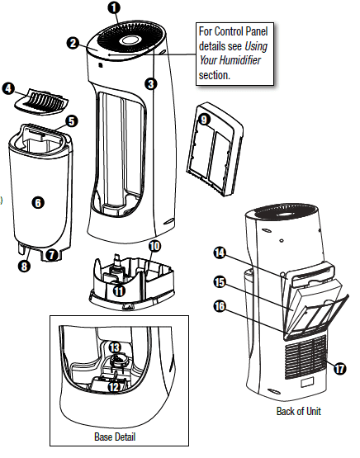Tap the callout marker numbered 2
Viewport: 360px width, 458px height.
pyautogui.click(x=73, y=43)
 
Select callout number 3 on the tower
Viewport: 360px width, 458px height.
pyautogui.click(x=150, y=83)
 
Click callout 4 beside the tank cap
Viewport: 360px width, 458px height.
pyautogui.click(x=10, y=87)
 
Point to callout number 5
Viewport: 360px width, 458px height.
pyautogui.click(x=72, y=121)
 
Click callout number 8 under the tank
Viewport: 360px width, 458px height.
pyautogui.click(x=23, y=266)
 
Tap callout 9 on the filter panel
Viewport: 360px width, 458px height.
pyautogui.click(x=204, y=118)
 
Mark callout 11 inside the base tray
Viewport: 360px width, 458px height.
pyautogui.click(x=120, y=290)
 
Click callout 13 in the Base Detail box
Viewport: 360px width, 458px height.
pyautogui.click(x=115, y=348)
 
